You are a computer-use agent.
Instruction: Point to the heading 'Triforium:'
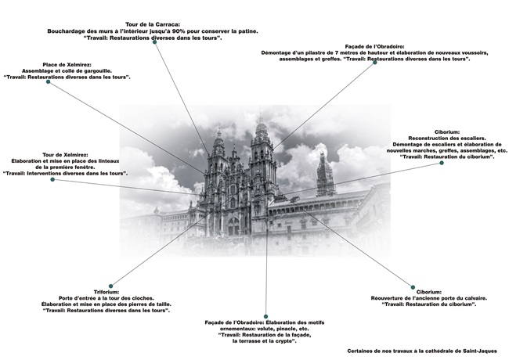106,291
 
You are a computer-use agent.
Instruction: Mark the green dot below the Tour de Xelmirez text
52,180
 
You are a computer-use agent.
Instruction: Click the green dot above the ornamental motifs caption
265,315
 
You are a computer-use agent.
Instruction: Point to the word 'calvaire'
471,297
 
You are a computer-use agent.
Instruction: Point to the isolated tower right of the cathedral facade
324,174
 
